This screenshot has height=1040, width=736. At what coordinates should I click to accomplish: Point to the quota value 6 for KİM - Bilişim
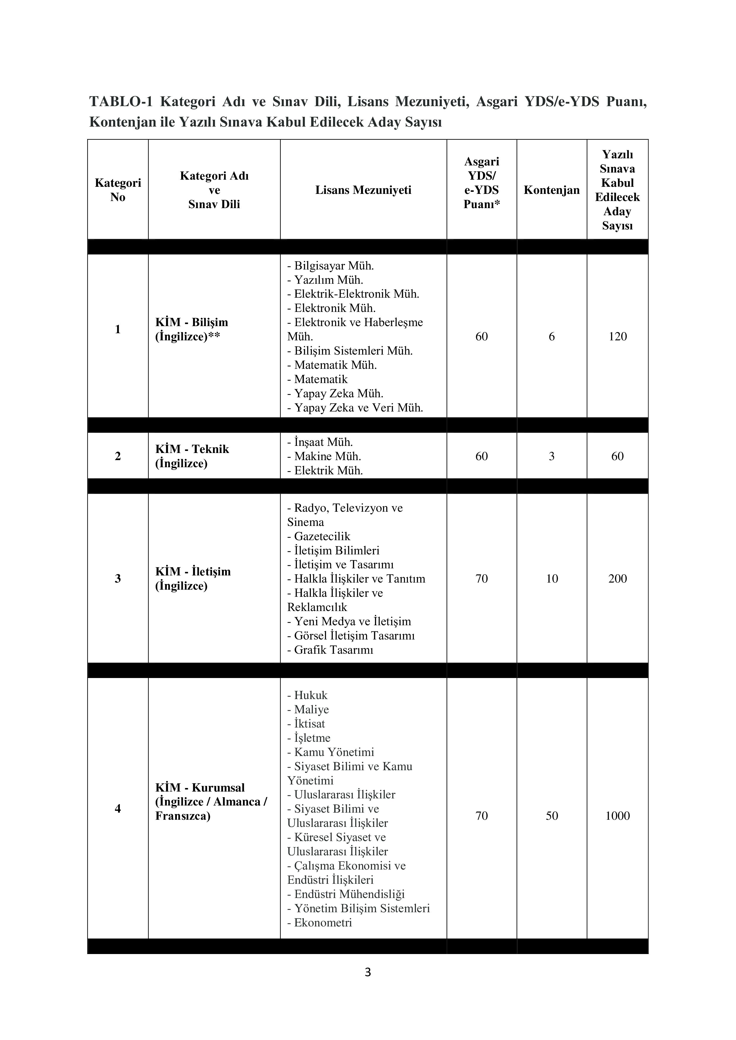(x=551, y=336)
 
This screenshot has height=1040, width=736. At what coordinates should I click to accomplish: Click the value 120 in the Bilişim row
(x=617, y=336)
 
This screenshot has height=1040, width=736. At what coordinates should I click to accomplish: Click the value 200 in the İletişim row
(x=617, y=578)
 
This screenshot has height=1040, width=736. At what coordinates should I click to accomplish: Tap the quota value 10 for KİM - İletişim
(x=551, y=578)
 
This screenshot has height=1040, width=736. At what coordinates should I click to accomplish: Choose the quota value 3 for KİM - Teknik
(x=551, y=456)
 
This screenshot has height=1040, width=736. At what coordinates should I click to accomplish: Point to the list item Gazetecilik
(x=322, y=536)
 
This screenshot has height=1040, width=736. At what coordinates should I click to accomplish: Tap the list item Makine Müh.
(x=327, y=456)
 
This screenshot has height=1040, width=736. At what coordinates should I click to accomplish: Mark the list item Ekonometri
(x=323, y=922)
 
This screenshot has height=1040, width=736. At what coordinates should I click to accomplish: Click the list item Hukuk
(x=310, y=695)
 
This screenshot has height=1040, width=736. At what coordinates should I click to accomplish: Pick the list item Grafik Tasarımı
(x=333, y=650)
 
